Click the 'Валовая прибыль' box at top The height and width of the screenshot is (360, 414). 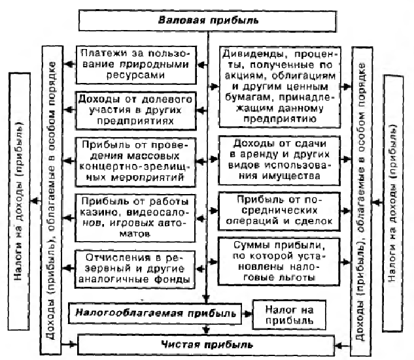click(x=207, y=21)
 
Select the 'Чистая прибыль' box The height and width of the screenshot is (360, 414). click(x=206, y=345)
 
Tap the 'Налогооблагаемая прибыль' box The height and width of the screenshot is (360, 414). click(x=155, y=314)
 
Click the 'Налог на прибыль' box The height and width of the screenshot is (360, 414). click(x=289, y=315)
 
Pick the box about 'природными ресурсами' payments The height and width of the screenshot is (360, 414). click(x=136, y=65)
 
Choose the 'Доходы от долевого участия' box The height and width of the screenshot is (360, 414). click(x=136, y=110)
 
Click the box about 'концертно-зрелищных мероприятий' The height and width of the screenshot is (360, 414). click(x=135, y=162)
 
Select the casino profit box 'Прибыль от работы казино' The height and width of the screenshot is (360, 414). click(x=135, y=218)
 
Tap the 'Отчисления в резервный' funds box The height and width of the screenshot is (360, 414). click(x=135, y=269)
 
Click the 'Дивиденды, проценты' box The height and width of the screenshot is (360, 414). click(x=280, y=87)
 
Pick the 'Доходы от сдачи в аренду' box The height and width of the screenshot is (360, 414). click(x=279, y=160)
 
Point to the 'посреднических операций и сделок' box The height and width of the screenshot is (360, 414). click(x=279, y=212)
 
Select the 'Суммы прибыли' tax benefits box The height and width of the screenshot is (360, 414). click(x=279, y=261)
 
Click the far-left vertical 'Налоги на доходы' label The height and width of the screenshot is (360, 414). click(x=19, y=201)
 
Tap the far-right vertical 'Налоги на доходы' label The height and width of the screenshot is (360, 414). click(x=393, y=203)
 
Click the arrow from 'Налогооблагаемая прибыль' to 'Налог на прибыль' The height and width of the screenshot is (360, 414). click(x=247, y=314)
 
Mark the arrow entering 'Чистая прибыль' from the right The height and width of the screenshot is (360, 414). click(x=343, y=346)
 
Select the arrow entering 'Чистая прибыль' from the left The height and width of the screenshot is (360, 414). click(x=69, y=344)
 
